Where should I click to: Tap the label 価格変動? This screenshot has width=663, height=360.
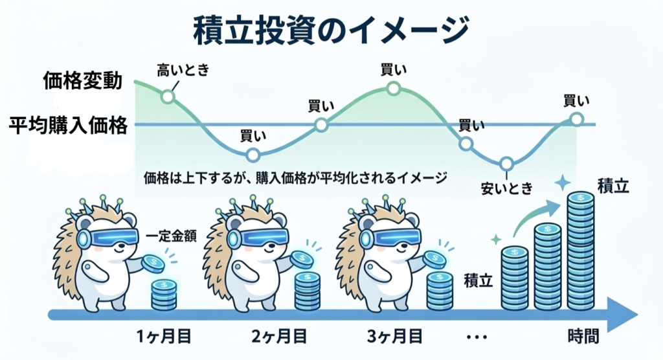coord(83,82)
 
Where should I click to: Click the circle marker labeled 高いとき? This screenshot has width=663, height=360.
coord(168,97)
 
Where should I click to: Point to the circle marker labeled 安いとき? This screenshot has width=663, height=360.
coord(506,163)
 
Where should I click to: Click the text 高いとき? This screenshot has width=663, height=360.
coord(184,70)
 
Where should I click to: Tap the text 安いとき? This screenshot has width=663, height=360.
coord(506,188)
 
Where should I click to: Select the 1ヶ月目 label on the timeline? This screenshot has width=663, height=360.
coord(165,337)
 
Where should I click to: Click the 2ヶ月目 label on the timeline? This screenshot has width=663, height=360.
coord(279,337)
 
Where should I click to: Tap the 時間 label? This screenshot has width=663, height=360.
coord(583,337)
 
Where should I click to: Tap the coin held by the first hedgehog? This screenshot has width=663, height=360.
coord(153,262)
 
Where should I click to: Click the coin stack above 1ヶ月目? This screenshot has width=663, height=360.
coord(163,295)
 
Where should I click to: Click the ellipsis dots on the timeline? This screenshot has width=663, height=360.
coord(476,337)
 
